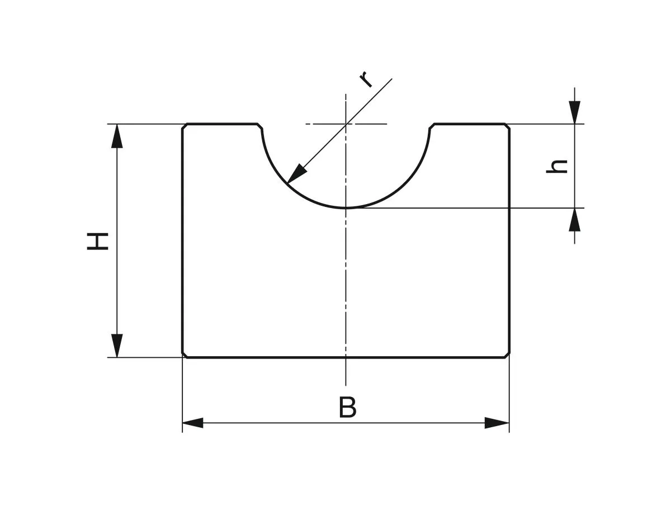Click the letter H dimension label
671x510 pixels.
coord(97,241)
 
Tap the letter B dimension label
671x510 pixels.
coord(347,408)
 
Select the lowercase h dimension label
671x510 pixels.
coord(557,166)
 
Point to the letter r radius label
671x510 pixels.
coord(366,79)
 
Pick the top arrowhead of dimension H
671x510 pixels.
coord(116,136)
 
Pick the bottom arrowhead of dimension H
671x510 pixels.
coord(116,345)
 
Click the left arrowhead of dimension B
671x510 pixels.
coord(193,423)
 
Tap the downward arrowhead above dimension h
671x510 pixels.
coord(574,112)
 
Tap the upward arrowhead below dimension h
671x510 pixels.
coord(574,220)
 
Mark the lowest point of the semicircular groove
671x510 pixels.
coord(346,208)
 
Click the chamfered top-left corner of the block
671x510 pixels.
coord(185,126)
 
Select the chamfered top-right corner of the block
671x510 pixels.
coord(508,126)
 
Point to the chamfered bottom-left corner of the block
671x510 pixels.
coord(185,355)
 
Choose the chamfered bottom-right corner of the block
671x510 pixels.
coord(508,355)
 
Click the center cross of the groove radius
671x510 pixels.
coord(346,124)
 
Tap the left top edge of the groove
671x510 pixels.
coord(260,126)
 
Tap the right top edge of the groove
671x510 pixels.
coord(432,126)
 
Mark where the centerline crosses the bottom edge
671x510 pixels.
coord(346,357)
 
